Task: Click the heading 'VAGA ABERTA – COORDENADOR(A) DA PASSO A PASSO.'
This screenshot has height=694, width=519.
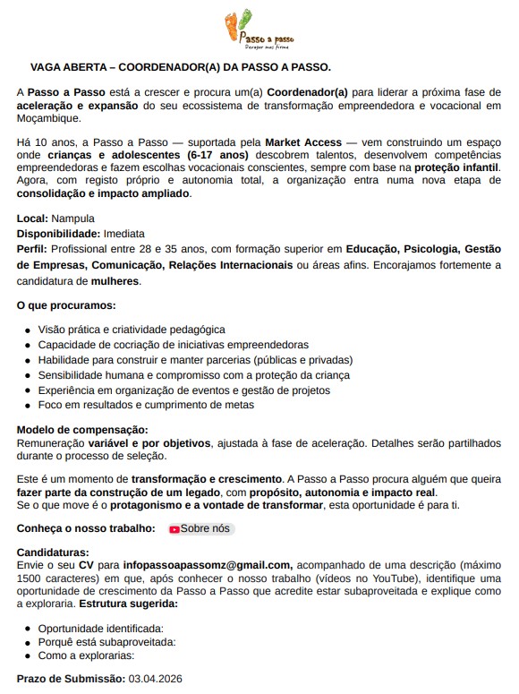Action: [181, 67]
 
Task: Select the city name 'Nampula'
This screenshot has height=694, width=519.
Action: [73, 218]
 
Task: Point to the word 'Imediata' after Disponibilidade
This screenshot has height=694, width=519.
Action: [130, 234]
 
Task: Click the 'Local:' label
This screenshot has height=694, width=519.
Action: [33, 218]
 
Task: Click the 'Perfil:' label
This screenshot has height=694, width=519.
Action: [32, 249]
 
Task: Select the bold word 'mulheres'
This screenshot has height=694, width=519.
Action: [115, 281]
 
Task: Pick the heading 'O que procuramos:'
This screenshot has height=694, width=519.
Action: [66, 305]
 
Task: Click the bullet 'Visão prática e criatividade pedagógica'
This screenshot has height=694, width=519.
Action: [131, 330]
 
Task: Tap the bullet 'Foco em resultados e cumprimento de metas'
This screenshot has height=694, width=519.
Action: [145, 405]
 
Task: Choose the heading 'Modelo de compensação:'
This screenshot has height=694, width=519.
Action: [82, 430]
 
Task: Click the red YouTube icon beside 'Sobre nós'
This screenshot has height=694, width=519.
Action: [174, 529]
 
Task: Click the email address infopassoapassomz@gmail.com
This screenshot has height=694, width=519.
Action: [208, 565]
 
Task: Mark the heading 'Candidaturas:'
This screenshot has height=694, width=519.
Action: [53, 553]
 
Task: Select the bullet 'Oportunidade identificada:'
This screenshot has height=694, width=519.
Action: [106, 629]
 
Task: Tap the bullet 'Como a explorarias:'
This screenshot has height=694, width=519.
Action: [91, 655]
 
